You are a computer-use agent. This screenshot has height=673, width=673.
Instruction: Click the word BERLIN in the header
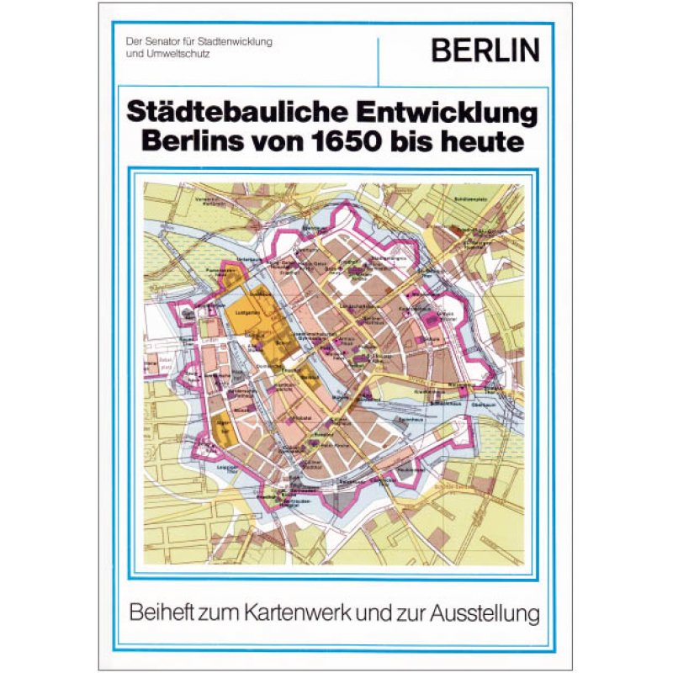tap(485, 51)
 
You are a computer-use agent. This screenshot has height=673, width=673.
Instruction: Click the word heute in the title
tap(488, 140)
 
